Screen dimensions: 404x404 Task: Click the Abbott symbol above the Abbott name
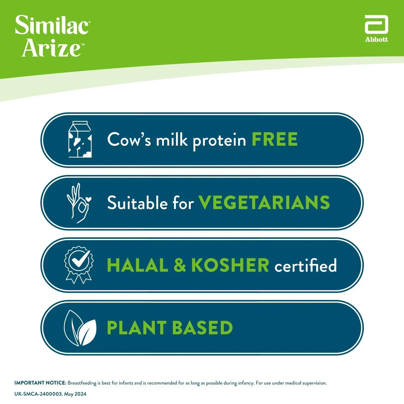pyautogui.click(x=376, y=25)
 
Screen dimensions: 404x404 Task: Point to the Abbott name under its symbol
pyautogui.click(x=376, y=40)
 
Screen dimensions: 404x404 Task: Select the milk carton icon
pyautogui.click(x=80, y=139)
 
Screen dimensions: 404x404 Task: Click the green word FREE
pyautogui.click(x=274, y=139)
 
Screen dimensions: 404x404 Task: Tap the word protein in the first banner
pyautogui.click(x=219, y=140)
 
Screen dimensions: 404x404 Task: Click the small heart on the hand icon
pyautogui.click(x=88, y=199)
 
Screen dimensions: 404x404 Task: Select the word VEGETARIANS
pyautogui.click(x=264, y=202)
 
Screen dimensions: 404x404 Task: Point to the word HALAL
pyautogui.click(x=137, y=265)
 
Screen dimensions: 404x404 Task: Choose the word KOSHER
pyautogui.click(x=230, y=265)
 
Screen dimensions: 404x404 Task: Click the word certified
pyautogui.click(x=306, y=265)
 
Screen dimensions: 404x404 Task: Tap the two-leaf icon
pyautogui.click(x=80, y=328)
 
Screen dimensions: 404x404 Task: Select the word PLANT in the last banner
pyautogui.click(x=137, y=327)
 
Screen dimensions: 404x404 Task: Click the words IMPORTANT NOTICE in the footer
pyautogui.click(x=40, y=383)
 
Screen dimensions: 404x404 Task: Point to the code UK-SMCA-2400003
pyautogui.click(x=38, y=394)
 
